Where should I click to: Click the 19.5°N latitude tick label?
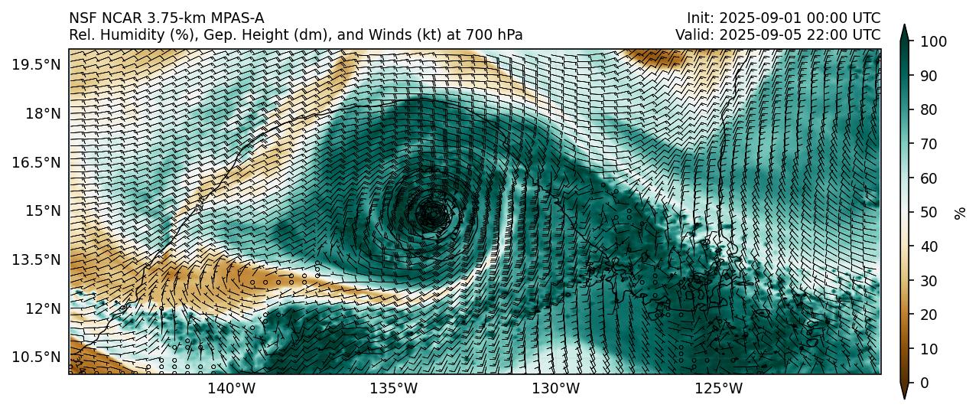pos(36,64)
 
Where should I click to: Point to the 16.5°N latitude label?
pos(36,162)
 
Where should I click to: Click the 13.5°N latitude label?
pos(36,259)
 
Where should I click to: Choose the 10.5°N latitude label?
pos(36,357)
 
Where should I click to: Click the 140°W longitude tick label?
pos(232,389)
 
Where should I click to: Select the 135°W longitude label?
pos(394,389)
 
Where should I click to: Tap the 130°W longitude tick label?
pos(556,389)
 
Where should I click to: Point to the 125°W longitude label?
pos(719,389)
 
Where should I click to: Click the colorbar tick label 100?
pos(931,41)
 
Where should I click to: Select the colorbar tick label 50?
pos(928,212)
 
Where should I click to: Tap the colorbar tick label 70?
pos(928,144)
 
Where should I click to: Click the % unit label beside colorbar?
pos(960,212)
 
